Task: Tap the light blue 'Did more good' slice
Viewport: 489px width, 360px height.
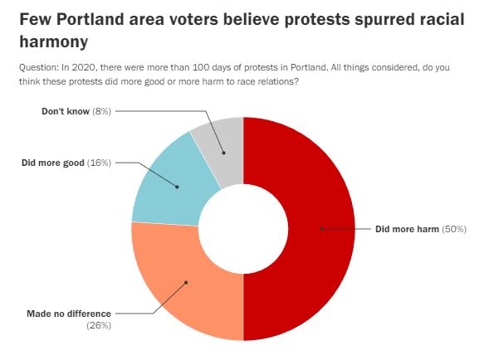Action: pos(169,187)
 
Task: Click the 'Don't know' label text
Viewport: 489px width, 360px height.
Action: pos(66,111)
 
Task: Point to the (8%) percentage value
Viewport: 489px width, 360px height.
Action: pos(101,111)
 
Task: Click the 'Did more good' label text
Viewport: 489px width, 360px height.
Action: pos(53,163)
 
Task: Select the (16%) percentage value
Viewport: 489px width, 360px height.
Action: pos(99,163)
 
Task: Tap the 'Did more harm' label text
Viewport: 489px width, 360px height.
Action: pos(407,229)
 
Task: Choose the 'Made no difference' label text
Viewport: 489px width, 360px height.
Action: pos(69,314)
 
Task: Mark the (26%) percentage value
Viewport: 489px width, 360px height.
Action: pos(99,325)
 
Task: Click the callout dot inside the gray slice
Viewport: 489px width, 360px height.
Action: pos(223,153)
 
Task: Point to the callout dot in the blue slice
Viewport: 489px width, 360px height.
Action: pos(177,187)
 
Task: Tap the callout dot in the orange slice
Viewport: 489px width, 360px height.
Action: pos(186,282)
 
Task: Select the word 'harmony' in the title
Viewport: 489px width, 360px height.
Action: pos(54,41)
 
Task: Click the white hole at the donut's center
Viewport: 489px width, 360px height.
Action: pos(243,229)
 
